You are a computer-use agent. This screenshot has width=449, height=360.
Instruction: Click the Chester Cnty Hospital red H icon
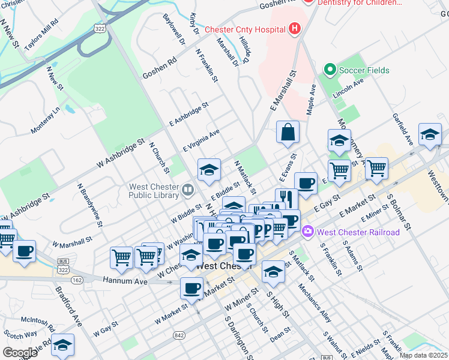point(295,28)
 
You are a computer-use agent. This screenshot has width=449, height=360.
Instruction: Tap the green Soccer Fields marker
point(329,70)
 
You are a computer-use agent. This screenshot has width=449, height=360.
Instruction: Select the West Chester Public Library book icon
point(188,191)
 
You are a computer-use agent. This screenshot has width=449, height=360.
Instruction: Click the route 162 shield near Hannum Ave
point(76,280)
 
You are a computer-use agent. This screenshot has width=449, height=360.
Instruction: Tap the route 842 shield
point(179,334)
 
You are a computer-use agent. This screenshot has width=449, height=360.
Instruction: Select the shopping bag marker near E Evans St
point(288,133)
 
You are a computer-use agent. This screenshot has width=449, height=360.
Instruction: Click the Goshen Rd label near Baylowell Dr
point(160,68)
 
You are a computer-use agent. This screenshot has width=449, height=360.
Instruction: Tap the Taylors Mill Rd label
point(41,34)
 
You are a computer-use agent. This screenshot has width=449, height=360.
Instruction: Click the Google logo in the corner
point(20,353)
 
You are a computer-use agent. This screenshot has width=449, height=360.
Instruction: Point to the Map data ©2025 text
point(423,355)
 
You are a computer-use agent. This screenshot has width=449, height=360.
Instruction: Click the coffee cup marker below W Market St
point(191,289)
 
